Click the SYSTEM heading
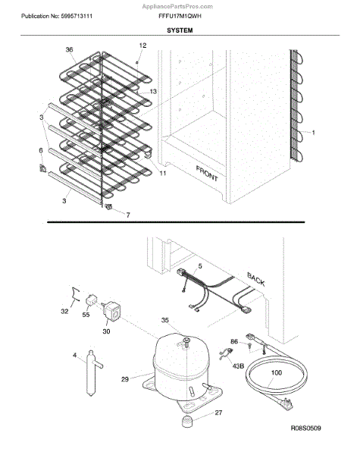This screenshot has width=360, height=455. [x=180, y=30]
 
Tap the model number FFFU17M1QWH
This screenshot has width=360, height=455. [x=180, y=16]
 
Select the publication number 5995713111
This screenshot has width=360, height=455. [x=77, y=16]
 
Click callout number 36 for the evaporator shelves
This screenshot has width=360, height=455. [x=69, y=49]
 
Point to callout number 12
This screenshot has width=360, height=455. [x=142, y=45]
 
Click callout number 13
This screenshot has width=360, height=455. [x=153, y=92]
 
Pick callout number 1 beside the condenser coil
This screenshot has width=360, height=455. [x=313, y=132]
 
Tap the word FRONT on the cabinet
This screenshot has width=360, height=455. [x=207, y=173]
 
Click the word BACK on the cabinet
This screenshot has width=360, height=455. [x=256, y=279]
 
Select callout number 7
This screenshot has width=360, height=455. [x=128, y=215]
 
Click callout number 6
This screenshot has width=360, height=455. [x=41, y=150]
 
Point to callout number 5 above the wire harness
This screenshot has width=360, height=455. [x=200, y=266]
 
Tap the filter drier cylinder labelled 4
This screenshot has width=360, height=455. [x=91, y=372]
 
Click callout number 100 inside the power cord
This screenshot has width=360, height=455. [x=276, y=372]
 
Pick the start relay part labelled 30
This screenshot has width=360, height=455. [x=111, y=310]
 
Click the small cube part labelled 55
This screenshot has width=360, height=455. [x=92, y=300]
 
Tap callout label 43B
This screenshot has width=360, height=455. [x=238, y=366]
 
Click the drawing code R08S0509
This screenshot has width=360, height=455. [x=305, y=428]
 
